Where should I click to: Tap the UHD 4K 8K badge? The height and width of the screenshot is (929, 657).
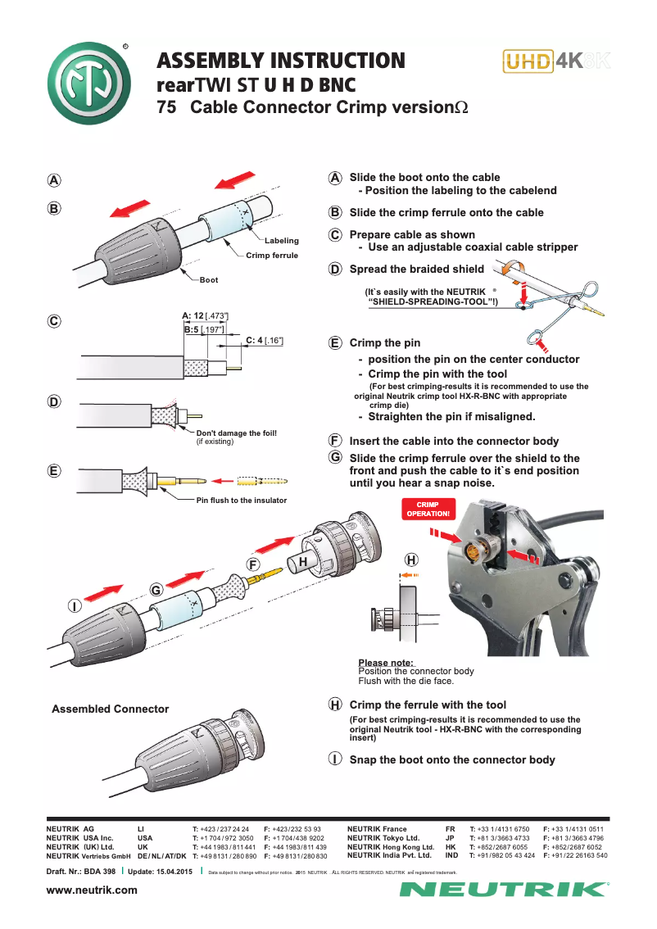[557, 61]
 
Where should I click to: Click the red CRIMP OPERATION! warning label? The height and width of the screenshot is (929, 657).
[426, 509]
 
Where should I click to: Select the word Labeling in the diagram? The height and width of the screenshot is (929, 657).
[281, 241]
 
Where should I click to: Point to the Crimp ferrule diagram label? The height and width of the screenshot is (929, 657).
[272, 256]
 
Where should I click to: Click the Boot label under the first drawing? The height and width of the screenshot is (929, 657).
[209, 280]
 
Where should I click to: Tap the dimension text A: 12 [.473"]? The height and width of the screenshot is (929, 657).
[205, 315]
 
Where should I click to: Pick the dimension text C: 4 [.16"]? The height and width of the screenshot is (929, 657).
[265, 339]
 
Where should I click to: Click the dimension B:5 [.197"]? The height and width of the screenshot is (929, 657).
[205, 329]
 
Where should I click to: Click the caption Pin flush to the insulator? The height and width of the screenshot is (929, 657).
[241, 500]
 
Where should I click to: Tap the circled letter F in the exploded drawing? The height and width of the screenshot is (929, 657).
[254, 564]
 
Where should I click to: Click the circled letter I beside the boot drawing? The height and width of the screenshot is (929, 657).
[74, 605]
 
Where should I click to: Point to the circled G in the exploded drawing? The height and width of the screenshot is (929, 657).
[156, 590]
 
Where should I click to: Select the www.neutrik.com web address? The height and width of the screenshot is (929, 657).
[92, 890]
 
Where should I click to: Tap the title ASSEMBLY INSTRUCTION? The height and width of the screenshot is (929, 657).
[281, 61]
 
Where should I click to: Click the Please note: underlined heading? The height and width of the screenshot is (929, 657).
[386, 663]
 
